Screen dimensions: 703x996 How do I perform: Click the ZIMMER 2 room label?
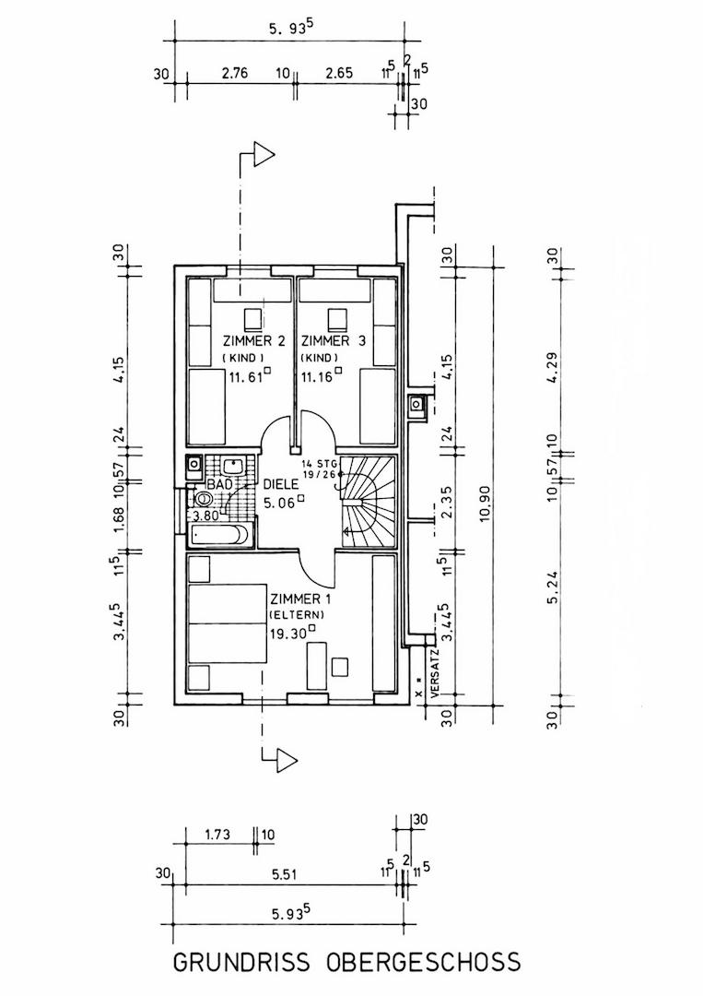253,341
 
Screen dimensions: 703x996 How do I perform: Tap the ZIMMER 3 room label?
334,341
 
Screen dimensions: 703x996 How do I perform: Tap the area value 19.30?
288,633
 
